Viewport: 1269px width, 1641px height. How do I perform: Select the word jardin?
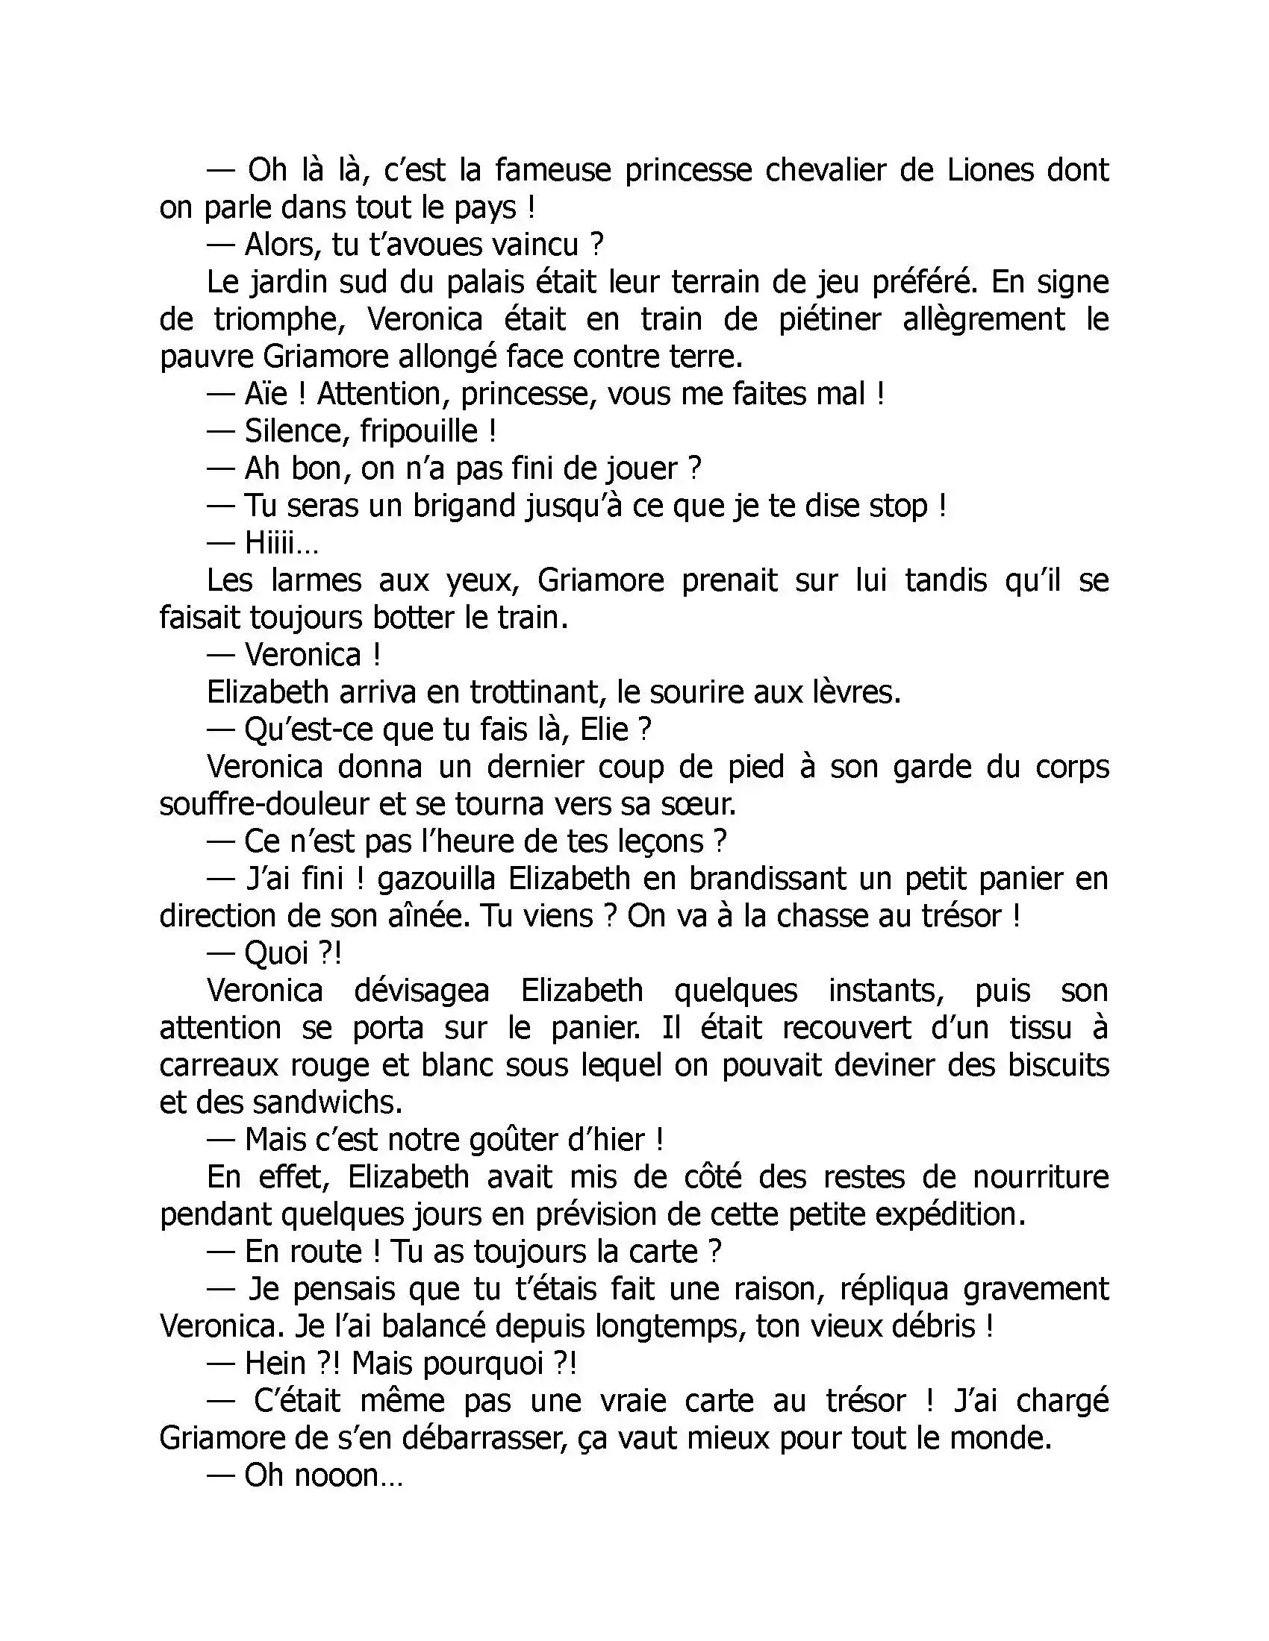289,283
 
